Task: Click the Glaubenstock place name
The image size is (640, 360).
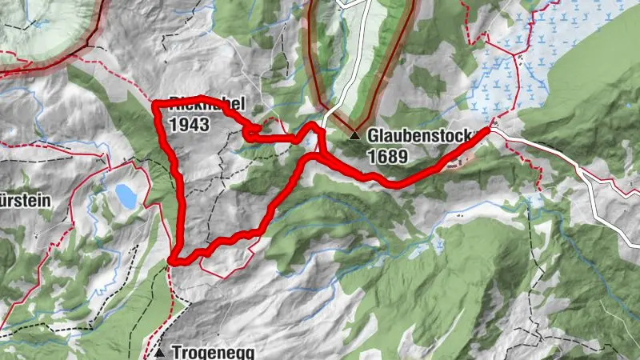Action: click(409, 137)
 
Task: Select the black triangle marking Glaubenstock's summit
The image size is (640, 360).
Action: click(354, 137)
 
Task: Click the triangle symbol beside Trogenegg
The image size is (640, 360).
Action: click(161, 352)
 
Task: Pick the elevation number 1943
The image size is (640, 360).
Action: click(189, 125)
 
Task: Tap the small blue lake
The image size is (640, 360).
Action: click(125, 194)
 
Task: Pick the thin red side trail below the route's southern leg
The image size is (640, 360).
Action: click(232, 270)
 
